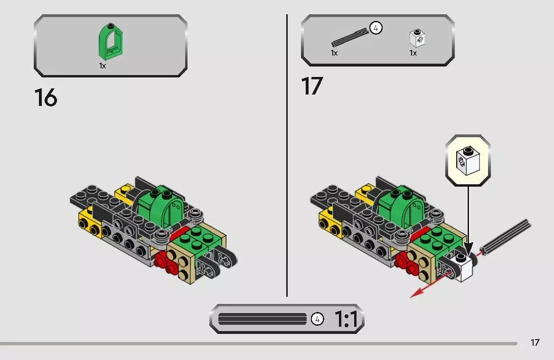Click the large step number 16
(x=46, y=97)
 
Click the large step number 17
(x=312, y=86)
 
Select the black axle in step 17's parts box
(x=350, y=38)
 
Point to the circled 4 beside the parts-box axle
(x=376, y=28)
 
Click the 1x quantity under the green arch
(x=102, y=66)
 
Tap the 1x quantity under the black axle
(x=334, y=53)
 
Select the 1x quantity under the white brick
(x=413, y=53)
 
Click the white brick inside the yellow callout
(x=467, y=161)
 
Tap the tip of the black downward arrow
(x=468, y=253)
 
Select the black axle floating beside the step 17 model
(x=506, y=236)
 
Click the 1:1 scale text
(x=346, y=319)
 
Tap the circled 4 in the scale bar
(x=317, y=319)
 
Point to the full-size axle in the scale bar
(x=263, y=319)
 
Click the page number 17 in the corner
(x=535, y=342)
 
